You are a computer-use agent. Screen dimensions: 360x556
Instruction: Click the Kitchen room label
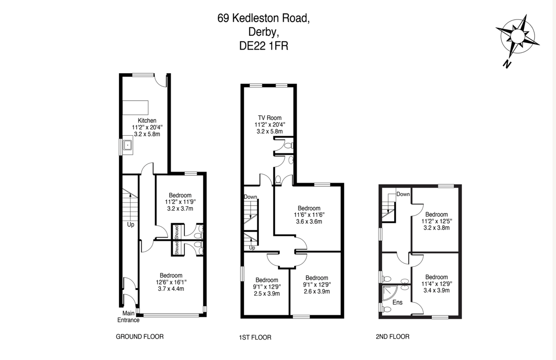[x=147, y=120]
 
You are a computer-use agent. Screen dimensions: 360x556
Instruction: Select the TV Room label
[x=270, y=118]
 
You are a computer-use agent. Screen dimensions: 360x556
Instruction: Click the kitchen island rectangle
[x=135, y=107]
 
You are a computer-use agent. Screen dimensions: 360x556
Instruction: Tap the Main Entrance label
[x=128, y=317]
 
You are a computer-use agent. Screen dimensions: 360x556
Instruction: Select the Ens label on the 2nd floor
[x=398, y=302]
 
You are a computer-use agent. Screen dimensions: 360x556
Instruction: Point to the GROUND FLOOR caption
[x=139, y=337]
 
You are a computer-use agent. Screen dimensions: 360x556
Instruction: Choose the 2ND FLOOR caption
[x=392, y=337]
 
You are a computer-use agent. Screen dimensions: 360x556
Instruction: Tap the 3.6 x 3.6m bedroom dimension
[x=309, y=221]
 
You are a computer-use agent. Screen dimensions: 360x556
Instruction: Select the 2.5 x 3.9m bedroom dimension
[x=266, y=293]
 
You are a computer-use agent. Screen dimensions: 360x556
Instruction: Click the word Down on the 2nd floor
[x=403, y=194]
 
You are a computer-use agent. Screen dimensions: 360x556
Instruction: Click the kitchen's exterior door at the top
[x=160, y=80]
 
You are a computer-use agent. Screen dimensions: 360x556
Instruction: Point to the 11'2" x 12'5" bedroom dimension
[x=436, y=221]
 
